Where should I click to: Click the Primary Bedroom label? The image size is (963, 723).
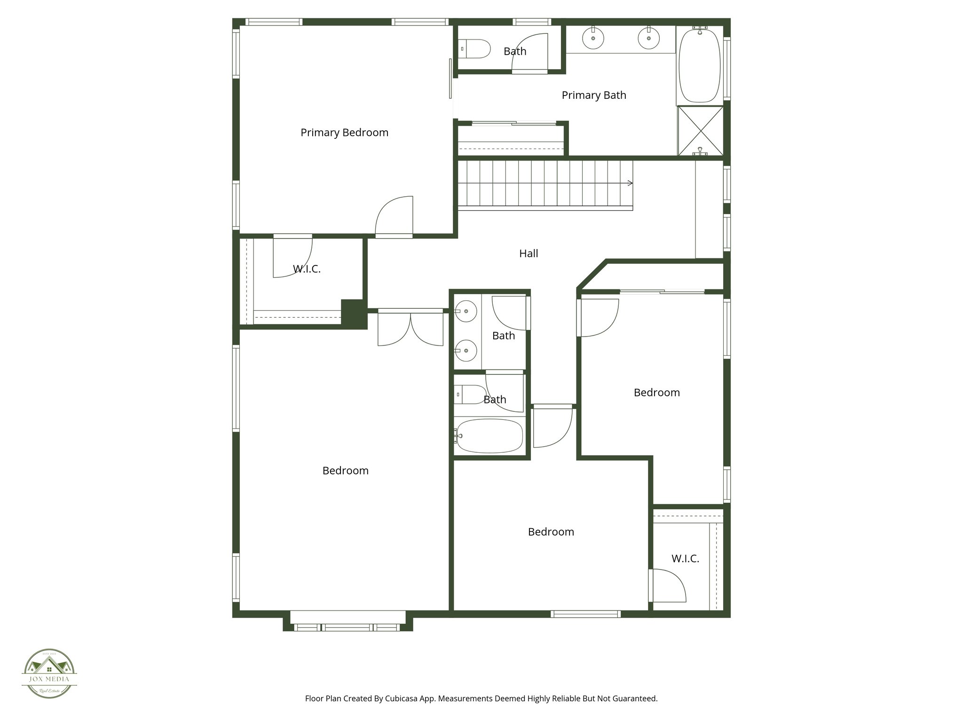coord(344,133)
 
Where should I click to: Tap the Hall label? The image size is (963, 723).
coord(529,254)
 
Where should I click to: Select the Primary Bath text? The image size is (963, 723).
coord(594,96)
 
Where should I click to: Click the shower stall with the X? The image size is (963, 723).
coord(700,130)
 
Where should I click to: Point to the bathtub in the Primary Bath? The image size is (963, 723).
coord(700,65)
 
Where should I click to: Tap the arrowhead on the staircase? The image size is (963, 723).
coord(630,183)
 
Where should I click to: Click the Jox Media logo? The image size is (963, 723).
coord(49,674)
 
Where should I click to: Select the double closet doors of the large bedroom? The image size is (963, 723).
coord(410,329)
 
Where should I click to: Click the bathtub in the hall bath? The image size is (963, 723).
coord(489,436)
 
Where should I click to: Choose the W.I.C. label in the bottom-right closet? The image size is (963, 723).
coord(685,559)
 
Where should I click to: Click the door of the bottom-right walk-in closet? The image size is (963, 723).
coord(668,585)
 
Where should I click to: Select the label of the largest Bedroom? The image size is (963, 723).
coord(345,471)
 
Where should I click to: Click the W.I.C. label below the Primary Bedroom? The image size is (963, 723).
coord(307,269)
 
